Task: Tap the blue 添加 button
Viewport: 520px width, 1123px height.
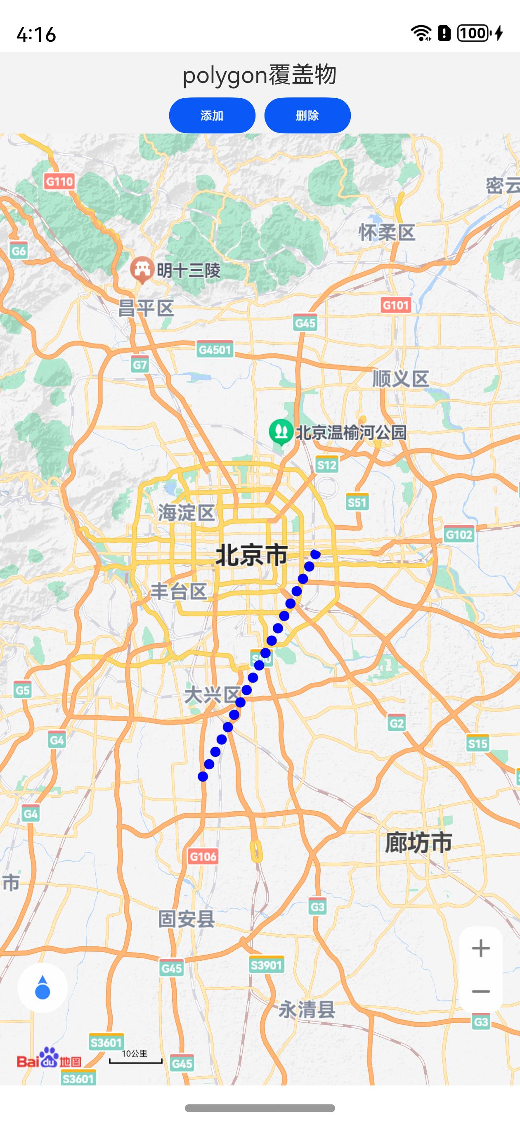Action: [x=212, y=116]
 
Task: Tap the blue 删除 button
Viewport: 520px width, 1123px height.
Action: [x=307, y=116]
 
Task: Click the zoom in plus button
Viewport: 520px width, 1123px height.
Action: [x=481, y=948]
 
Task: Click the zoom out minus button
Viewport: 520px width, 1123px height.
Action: [x=481, y=991]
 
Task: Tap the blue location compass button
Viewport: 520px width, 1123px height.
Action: [x=42, y=988]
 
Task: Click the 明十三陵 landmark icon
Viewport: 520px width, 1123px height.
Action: [x=142, y=270]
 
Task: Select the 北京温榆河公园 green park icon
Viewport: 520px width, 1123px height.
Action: [x=281, y=431]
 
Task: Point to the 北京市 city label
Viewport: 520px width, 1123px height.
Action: [x=251, y=555]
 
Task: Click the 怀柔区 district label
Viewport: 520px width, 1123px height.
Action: [x=387, y=233]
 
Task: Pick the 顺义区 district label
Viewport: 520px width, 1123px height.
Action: [x=401, y=379]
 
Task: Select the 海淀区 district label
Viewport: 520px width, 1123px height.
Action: [x=187, y=513]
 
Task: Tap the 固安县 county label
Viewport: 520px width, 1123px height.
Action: [x=187, y=919]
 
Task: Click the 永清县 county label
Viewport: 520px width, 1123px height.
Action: [x=307, y=1009]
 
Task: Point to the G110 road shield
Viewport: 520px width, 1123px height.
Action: [x=59, y=181]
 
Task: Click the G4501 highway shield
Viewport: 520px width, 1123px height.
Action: [x=215, y=350]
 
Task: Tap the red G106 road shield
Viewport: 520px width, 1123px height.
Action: [x=203, y=857]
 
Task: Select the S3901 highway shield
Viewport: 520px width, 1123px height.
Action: [x=266, y=965]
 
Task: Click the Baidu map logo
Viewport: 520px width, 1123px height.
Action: [x=49, y=1059]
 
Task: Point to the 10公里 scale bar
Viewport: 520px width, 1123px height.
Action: [x=135, y=1057]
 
